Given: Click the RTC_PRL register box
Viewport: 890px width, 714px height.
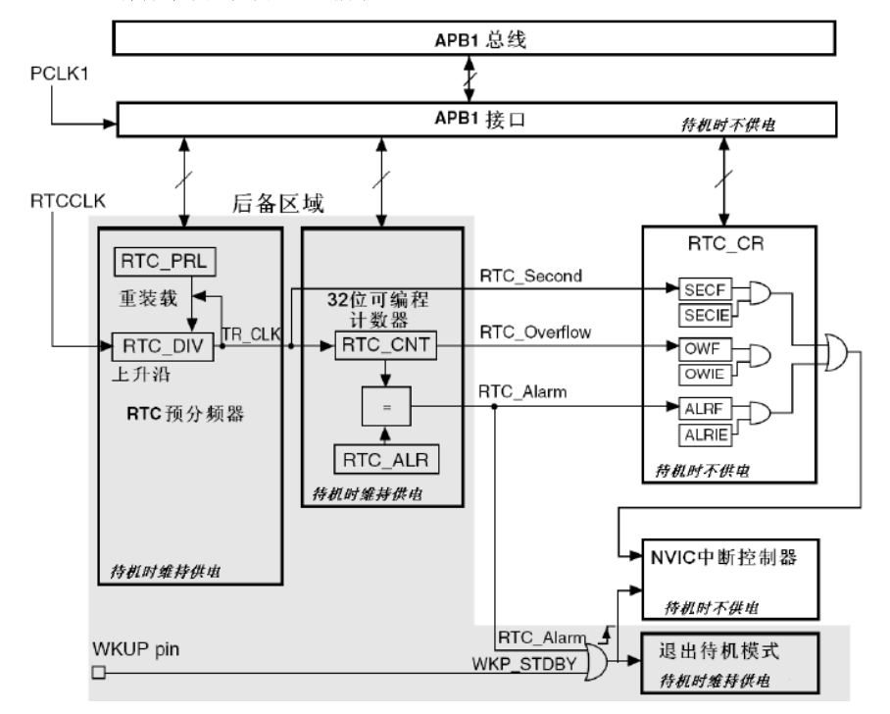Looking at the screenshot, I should pos(167,262).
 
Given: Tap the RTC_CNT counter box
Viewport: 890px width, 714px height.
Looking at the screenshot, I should pos(383,345).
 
